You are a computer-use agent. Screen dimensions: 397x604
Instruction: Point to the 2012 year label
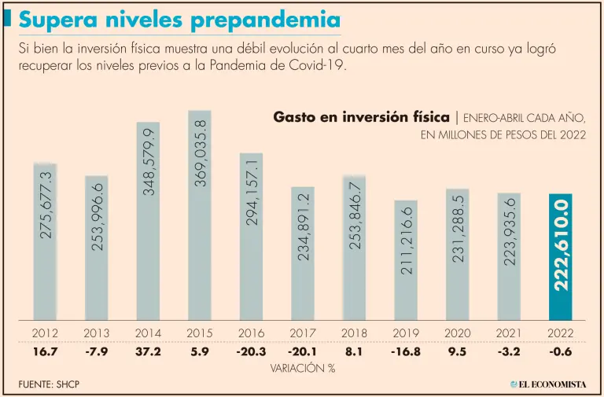[x=45, y=333]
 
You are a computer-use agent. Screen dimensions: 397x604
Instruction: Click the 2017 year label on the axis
[x=303, y=333]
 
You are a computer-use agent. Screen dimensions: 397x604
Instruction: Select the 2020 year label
[x=458, y=333]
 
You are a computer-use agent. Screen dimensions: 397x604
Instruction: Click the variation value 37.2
[x=148, y=351]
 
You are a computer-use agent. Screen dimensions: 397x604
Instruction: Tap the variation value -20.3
[x=251, y=351]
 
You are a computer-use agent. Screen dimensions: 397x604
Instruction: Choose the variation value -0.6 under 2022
[x=561, y=351]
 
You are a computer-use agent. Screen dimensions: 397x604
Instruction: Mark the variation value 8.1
[x=355, y=351]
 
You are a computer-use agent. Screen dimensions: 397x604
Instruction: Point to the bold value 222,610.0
[x=561, y=244]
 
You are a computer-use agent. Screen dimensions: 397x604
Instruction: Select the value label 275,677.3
[x=46, y=206]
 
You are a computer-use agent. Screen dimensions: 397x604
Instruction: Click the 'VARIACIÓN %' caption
[x=302, y=367]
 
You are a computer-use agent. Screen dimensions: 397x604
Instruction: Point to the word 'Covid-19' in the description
[x=319, y=65]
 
